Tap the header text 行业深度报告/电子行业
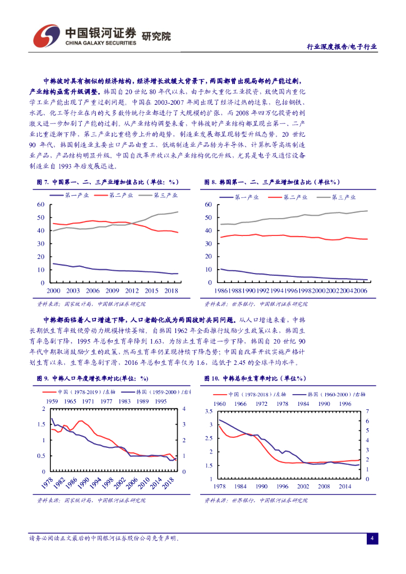pos(342,47)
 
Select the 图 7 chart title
pos(107,182)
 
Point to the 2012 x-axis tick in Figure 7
pos(132,291)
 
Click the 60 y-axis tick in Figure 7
pos(40,205)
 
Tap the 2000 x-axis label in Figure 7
pos(53,291)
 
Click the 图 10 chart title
pos(258,379)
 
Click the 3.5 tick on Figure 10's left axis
pos(209,411)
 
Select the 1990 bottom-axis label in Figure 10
pos(261,487)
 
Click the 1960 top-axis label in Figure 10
pos(220,404)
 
